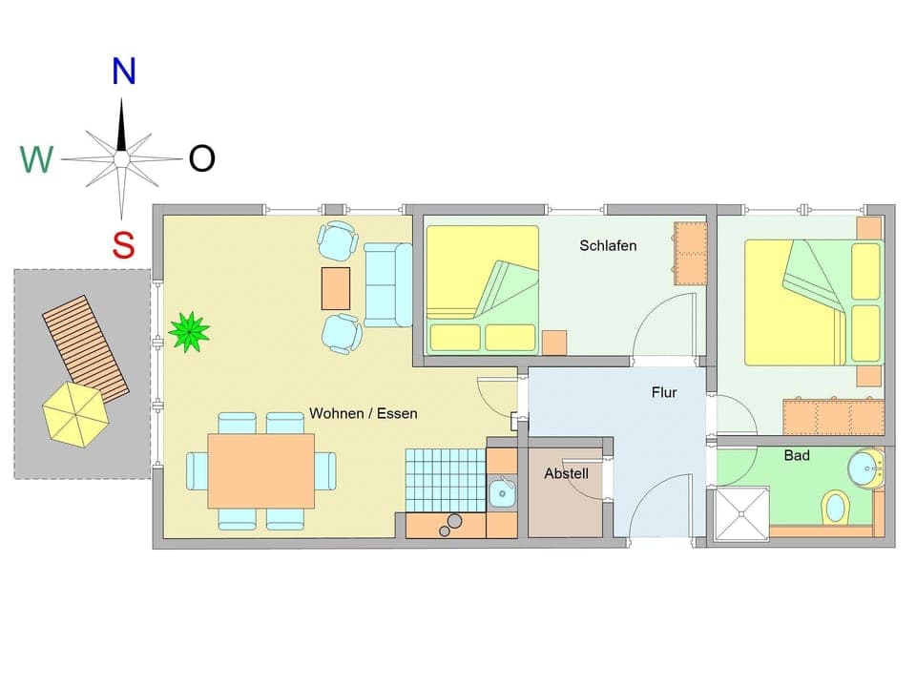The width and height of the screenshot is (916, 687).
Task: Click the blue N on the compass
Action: point(123,71)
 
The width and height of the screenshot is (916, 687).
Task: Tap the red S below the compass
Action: point(123,244)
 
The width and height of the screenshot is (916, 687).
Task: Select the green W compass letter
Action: point(36,159)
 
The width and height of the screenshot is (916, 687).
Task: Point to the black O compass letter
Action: point(201,158)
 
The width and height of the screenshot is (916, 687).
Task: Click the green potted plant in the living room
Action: point(189,331)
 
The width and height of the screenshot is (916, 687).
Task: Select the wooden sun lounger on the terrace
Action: point(86,347)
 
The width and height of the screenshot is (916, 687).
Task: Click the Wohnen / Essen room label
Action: point(363,414)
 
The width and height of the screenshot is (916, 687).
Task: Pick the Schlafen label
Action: point(608,245)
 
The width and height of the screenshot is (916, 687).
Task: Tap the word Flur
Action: point(664,391)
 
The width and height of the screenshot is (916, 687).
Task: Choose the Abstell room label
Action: point(566,473)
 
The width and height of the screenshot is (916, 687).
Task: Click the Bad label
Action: point(797,456)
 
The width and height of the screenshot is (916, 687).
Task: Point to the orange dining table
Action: point(260,471)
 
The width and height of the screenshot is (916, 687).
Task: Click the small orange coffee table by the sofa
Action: point(336,288)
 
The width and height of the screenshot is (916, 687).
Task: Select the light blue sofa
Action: point(387,284)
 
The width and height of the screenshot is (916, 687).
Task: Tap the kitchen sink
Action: point(501,493)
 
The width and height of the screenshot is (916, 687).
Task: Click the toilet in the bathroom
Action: point(835,506)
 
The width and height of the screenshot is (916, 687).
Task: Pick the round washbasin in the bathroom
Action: point(865,468)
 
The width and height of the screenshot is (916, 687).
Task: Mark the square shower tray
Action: point(741,514)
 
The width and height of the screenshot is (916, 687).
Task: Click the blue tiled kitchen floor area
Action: point(445,480)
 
